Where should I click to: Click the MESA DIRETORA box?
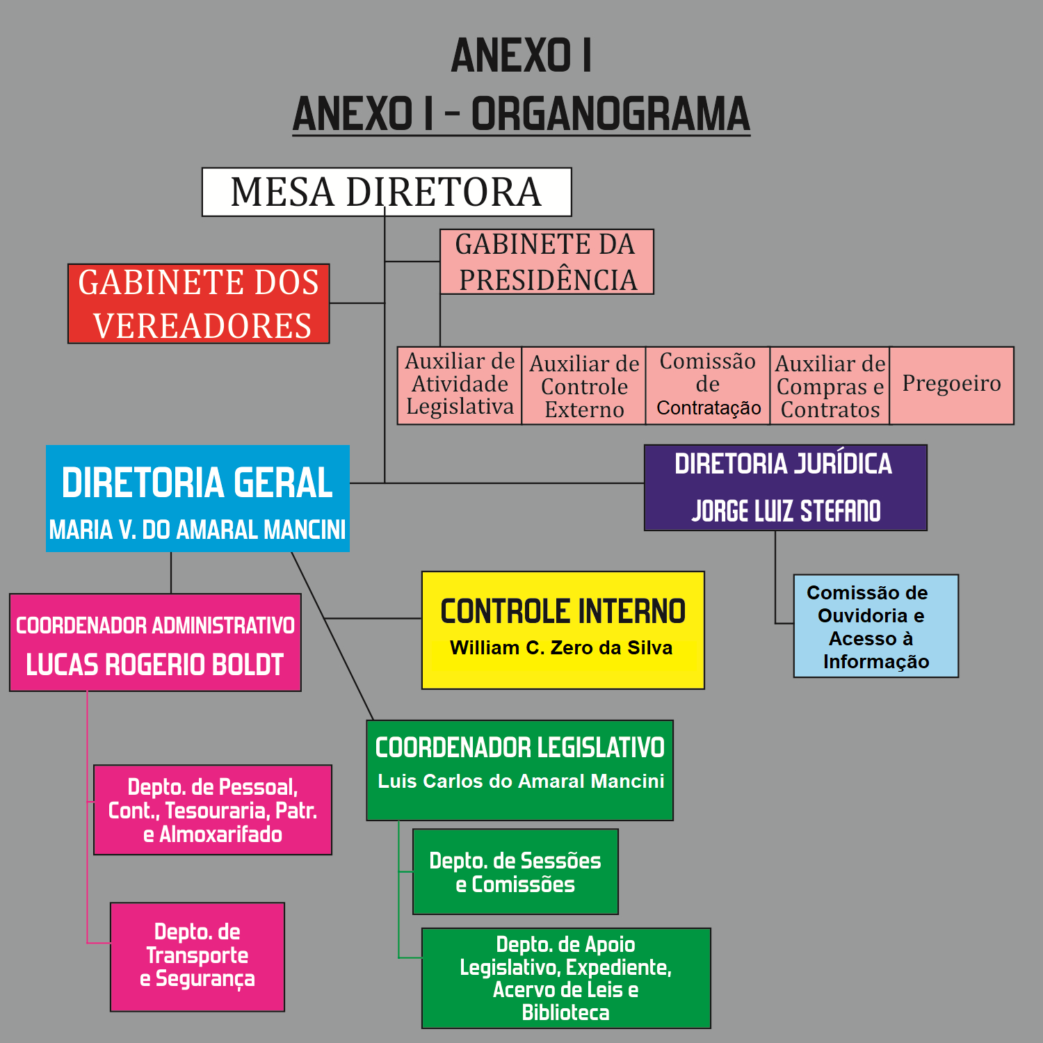387,192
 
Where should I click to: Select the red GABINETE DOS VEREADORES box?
199,304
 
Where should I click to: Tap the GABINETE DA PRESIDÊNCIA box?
547,261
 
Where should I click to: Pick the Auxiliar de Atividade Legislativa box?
460,385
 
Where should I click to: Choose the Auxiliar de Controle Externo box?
584,387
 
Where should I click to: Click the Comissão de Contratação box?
708,385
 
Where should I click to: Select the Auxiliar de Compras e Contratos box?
830,387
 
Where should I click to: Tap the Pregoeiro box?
951,385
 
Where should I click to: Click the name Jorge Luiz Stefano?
786,511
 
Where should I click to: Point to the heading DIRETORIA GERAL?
197,483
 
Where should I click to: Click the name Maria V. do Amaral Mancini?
197,530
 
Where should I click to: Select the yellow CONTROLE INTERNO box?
563,630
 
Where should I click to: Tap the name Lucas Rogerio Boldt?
155,665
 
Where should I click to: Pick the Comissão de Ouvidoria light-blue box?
876,626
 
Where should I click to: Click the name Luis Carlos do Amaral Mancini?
521,782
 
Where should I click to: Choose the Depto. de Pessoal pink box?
213,810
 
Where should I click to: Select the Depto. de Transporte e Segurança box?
197,957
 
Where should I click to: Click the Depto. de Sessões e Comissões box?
515,872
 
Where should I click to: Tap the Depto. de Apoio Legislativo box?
566,978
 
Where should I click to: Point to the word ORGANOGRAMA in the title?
611,114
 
